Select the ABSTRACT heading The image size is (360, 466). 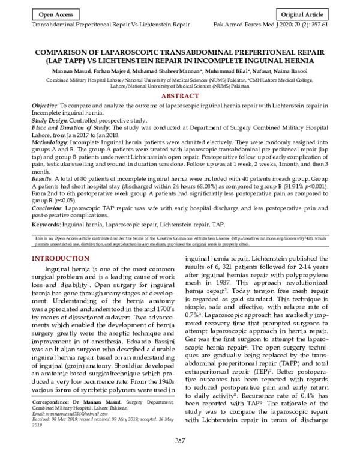pos(180,96)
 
